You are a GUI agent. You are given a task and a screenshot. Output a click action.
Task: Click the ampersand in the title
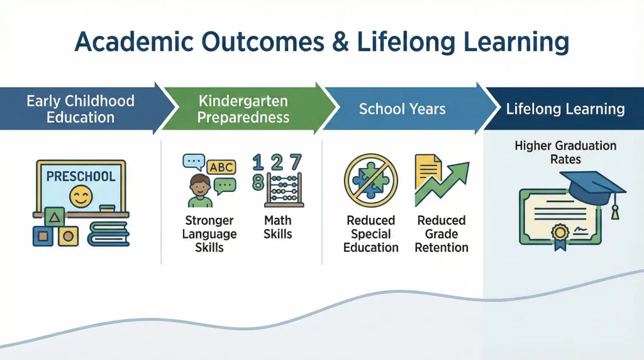click(338, 43)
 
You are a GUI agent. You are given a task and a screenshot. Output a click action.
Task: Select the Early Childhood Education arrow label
click(80, 109)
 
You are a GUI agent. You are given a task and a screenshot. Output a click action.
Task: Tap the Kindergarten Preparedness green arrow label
click(243, 109)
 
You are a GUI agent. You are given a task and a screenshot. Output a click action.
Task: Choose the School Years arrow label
click(402, 109)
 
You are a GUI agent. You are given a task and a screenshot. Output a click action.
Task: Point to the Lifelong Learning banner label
click(565, 109)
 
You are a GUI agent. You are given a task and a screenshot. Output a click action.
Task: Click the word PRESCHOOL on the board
click(80, 176)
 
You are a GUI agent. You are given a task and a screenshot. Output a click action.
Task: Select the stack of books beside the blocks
click(108, 233)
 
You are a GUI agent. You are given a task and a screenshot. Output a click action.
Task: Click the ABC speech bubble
click(221, 167)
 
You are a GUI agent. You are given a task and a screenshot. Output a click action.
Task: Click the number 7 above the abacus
click(295, 162)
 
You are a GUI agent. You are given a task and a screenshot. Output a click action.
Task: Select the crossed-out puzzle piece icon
click(370, 180)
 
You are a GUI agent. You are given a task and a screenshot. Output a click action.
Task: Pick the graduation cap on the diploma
click(593, 186)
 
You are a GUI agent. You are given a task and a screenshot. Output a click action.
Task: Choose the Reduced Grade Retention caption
click(441, 233)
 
